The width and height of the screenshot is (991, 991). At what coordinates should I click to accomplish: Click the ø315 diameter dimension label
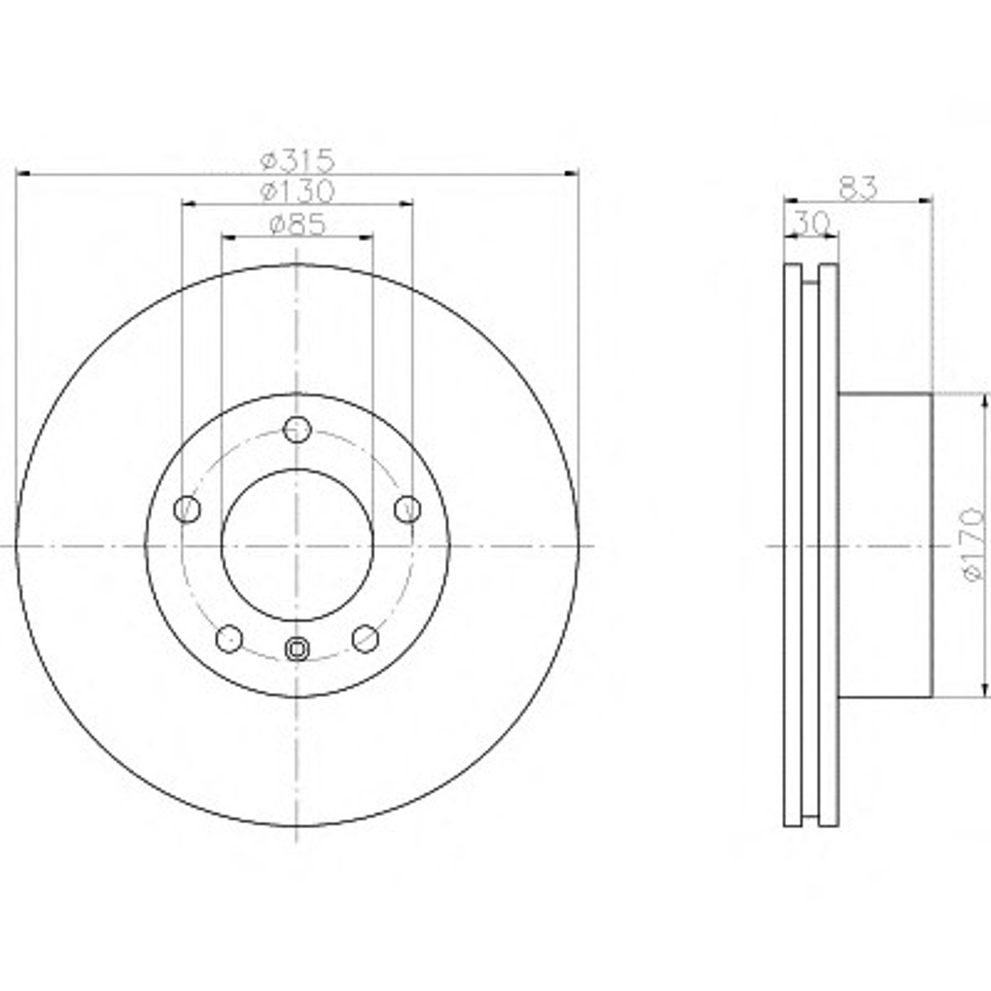tap(298, 161)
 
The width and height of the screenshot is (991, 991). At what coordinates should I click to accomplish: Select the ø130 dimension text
tap(298, 191)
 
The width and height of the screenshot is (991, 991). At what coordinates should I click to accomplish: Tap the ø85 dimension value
tap(298, 225)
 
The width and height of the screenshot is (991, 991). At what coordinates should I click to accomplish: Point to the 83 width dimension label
tap(858, 188)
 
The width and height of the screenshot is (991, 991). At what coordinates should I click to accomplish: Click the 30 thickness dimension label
tap(812, 223)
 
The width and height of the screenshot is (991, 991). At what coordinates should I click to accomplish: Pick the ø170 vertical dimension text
tap(973, 545)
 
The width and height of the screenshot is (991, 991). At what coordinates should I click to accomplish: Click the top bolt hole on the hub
tap(297, 429)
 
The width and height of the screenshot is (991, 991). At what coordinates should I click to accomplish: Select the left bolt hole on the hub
tap(187, 509)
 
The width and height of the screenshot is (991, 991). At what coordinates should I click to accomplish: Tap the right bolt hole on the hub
tap(408, 509)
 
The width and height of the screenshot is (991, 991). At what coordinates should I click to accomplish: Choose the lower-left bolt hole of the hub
tap(229, 639)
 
